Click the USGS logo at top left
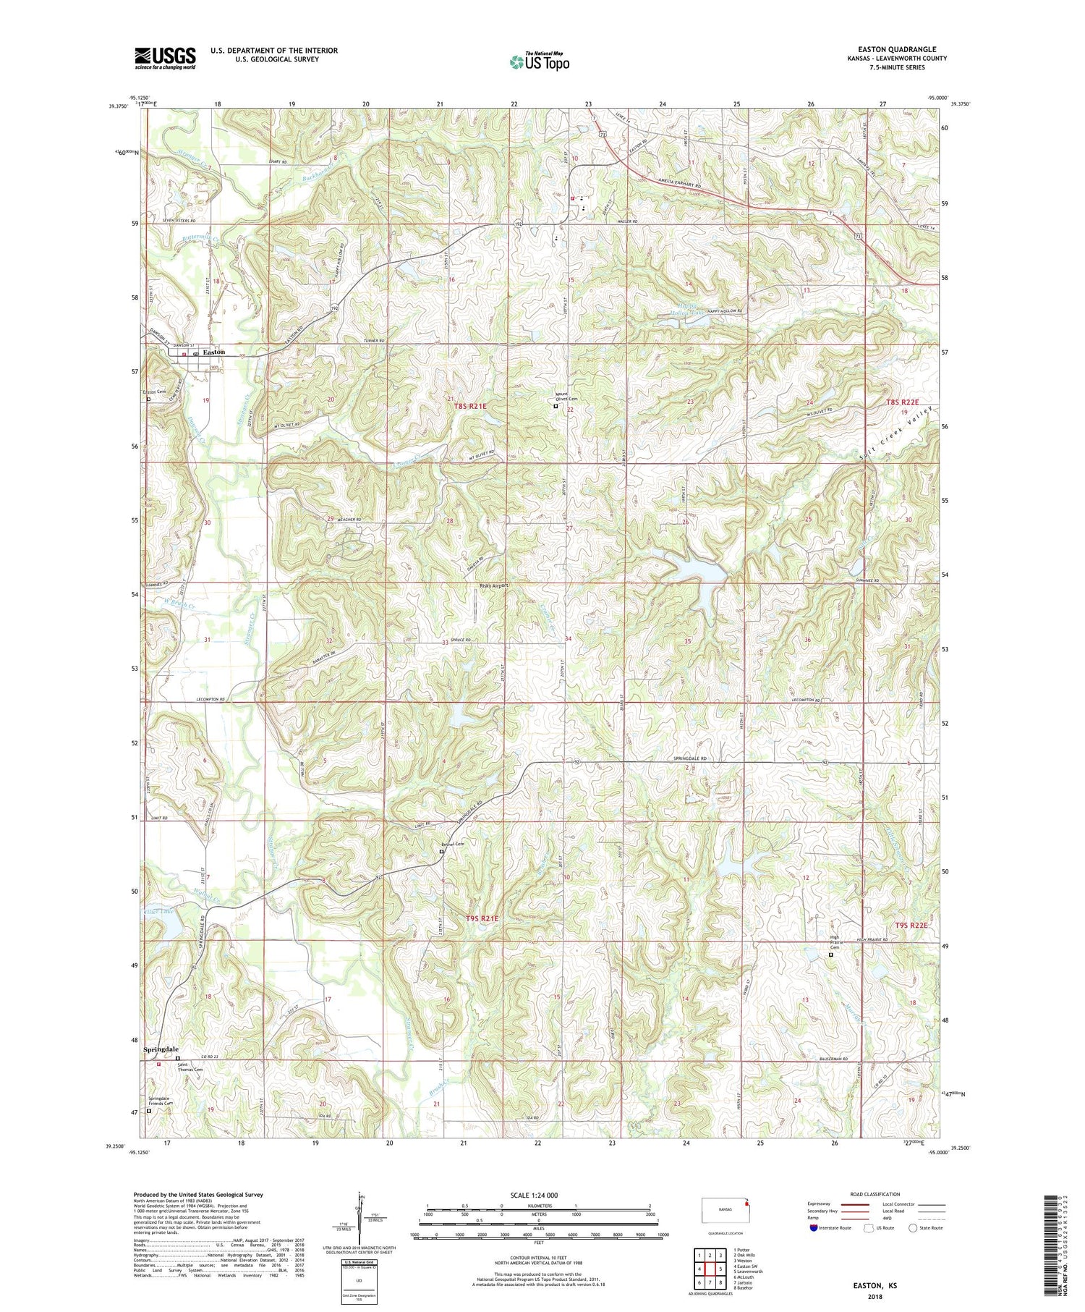165,58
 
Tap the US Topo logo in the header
540,62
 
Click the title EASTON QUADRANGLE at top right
894,49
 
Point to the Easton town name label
213,352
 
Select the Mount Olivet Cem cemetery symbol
556,406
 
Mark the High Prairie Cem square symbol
830,955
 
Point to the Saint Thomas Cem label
192,1067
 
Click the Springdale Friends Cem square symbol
149,1111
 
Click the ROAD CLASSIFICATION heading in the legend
875,1194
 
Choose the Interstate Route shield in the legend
814,1227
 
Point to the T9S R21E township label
482,919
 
